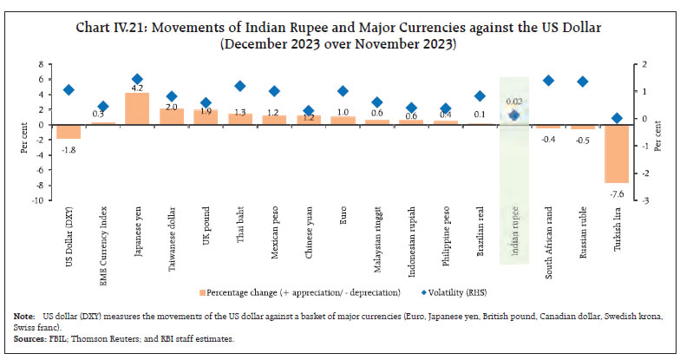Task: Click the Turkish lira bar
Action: [616, 154]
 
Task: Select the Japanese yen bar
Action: [137, 108]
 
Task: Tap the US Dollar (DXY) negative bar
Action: [69, 132]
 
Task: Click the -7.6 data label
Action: [617, 193]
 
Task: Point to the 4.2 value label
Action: [137, 86]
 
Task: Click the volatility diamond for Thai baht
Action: [240, 86]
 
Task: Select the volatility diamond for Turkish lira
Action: [617, 118]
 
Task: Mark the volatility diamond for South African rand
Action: [548, 81]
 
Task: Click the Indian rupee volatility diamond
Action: [513, 115]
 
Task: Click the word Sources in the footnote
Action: [28, 339]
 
